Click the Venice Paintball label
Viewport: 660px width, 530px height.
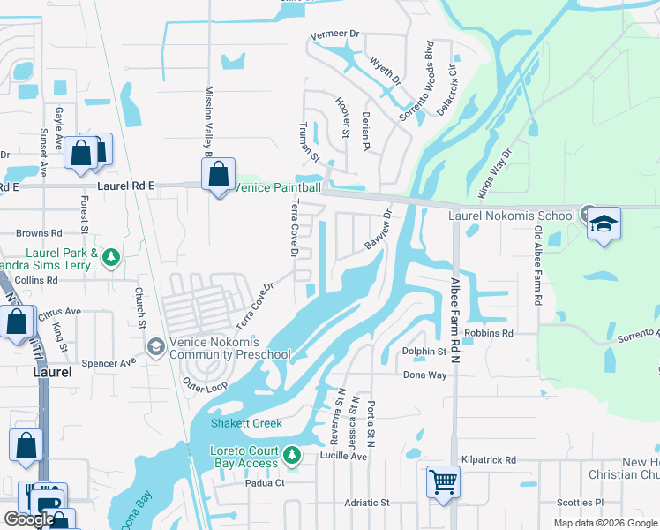[278, 187]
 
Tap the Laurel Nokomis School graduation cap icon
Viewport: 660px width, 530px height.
[604, 223]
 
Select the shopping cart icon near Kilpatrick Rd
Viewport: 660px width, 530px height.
[444, 483]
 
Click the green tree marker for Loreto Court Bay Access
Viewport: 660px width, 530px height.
[293, 457]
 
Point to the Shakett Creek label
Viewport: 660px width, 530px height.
[246, 423]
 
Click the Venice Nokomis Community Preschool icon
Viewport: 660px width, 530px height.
[155, 346]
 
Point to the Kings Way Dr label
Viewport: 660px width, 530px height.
[494, 172]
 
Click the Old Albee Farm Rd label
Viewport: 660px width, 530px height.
[536, 265]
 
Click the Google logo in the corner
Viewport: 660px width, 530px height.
[29, 519]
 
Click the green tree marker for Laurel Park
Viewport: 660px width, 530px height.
[110, 257]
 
